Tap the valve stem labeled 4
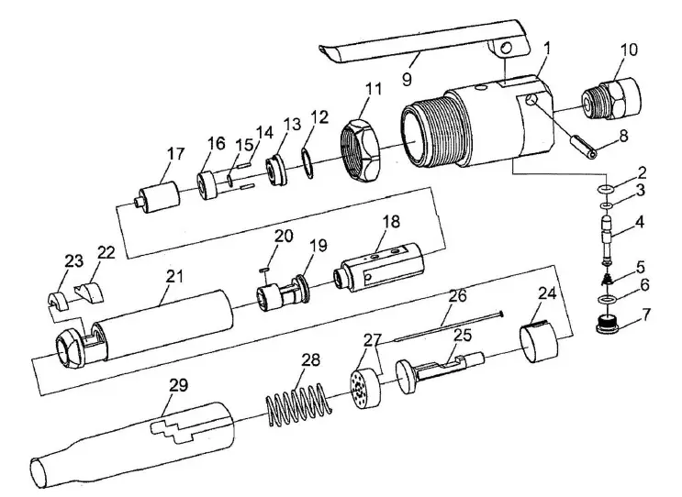pyautogui.click(x=607, y=239)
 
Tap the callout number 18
pyautogui.click(x=391, y=223)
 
